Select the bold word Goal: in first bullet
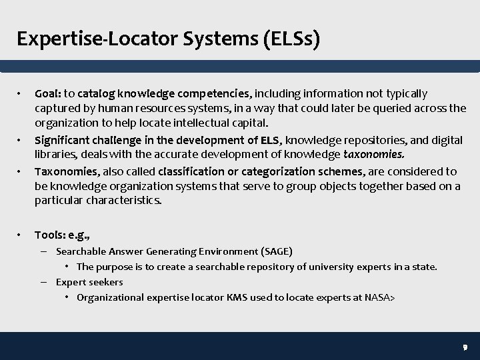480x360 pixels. pyautogui.click(x=49, y=93)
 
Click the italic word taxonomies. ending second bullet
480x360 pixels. pyautogui.click(x=375, y=155)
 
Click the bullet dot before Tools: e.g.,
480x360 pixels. pyautogui.click(x=21, y=235)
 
